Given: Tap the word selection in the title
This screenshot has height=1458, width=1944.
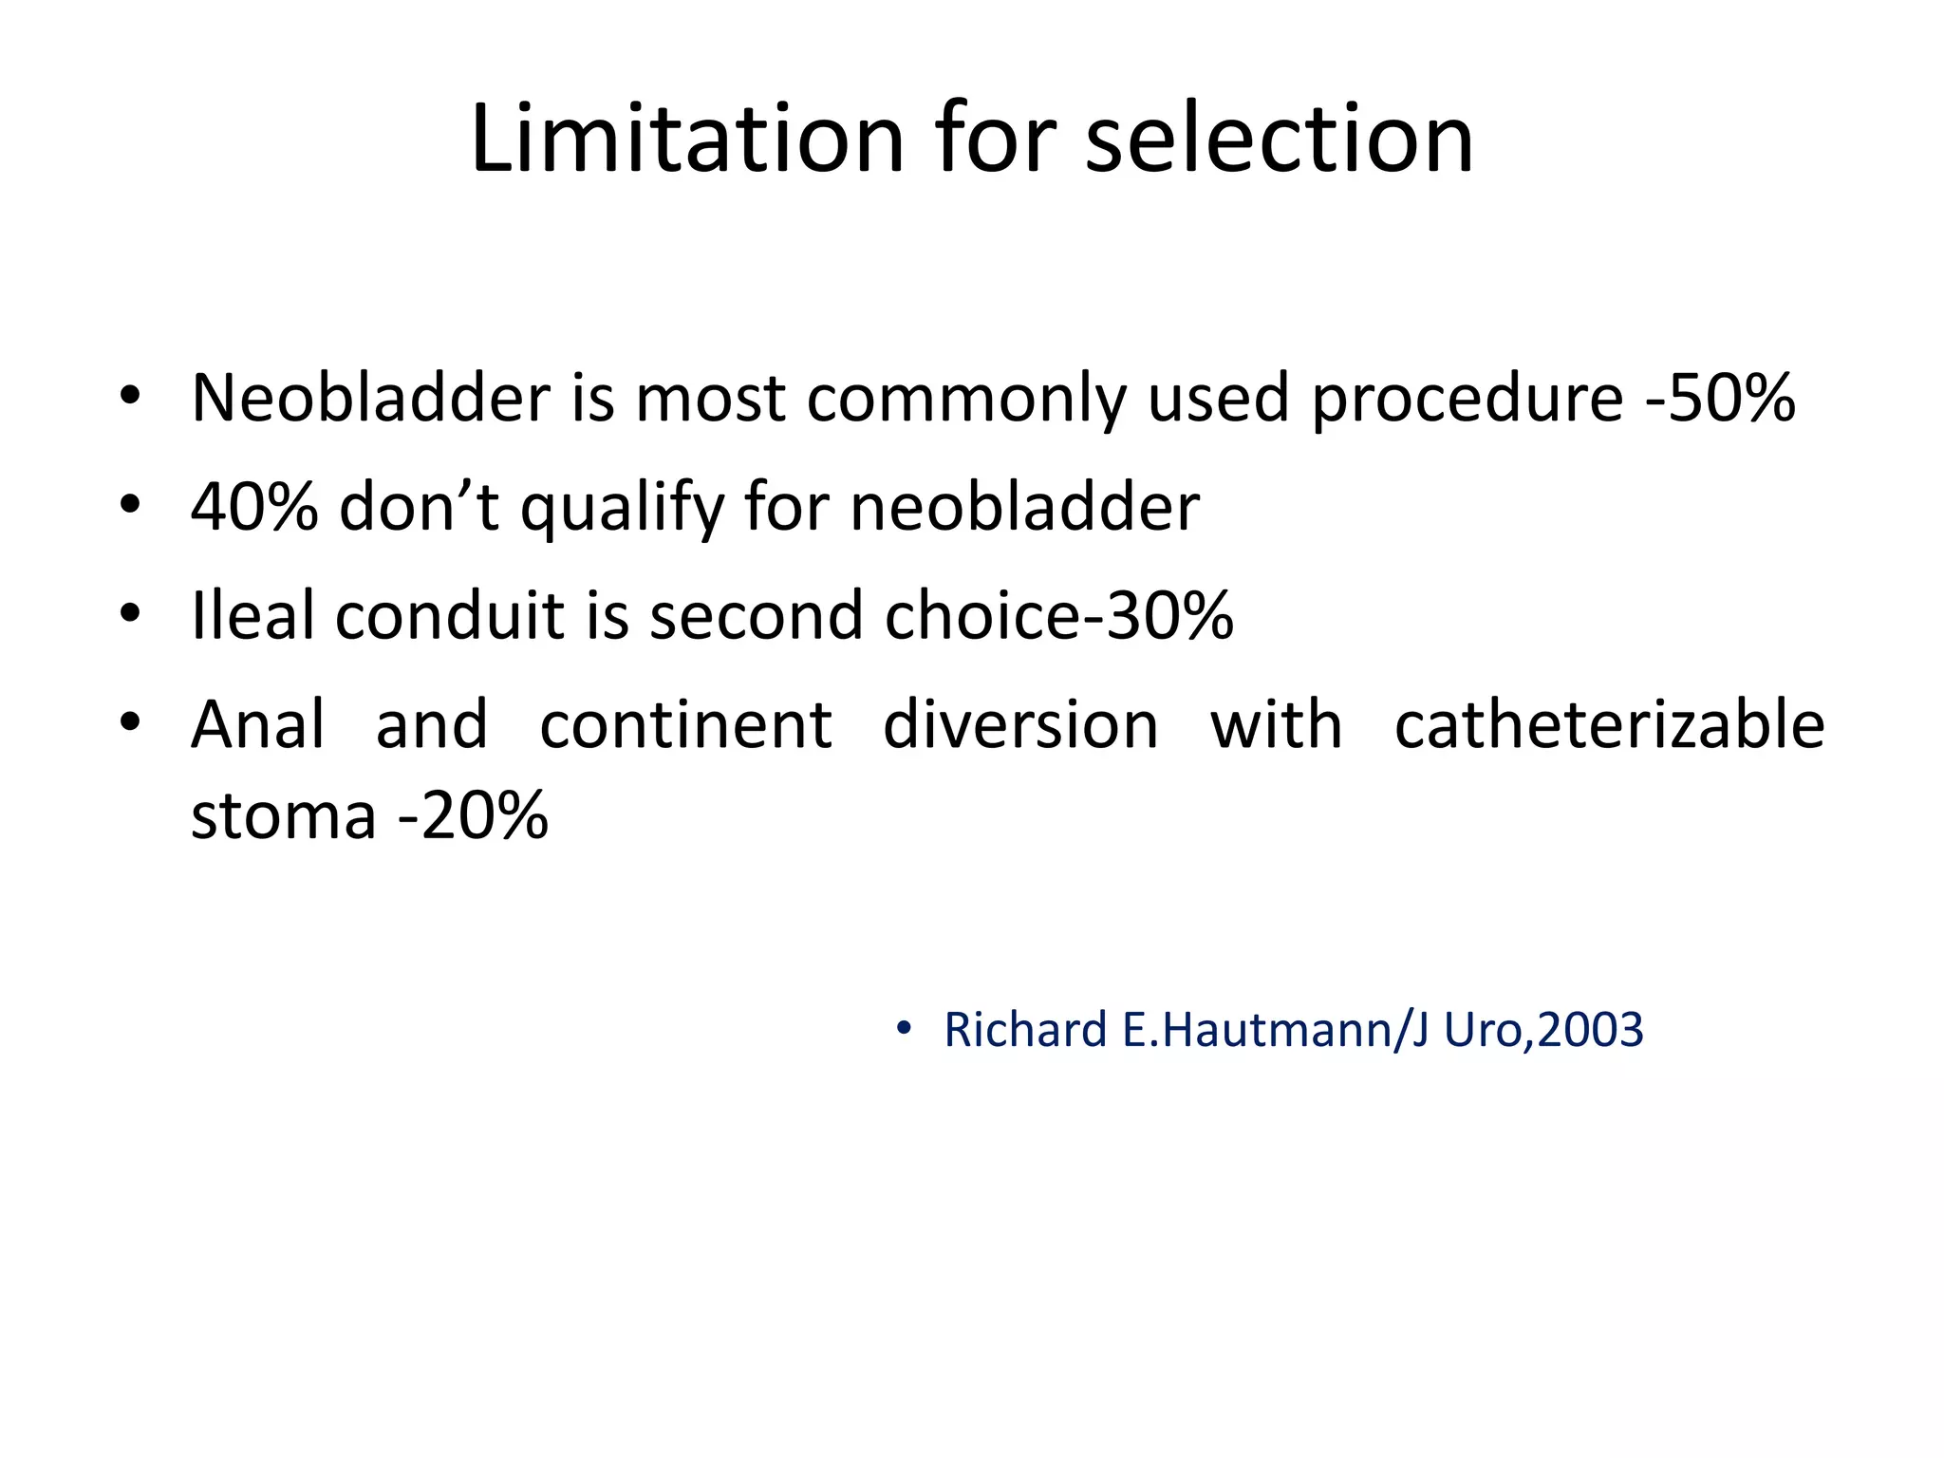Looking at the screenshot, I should pyautogui.click(x=1279, y=140).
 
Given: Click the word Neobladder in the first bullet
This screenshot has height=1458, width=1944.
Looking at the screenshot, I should pyautogui.click(x=370, y=398).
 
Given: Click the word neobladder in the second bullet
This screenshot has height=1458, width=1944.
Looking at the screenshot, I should pyautogui.click(x=1025, y=507).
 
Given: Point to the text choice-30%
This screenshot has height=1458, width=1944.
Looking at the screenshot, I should pyautogui.click(x=1058, y=616).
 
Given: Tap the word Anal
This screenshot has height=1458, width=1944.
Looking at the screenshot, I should pyautogui.click(x=258, y=725).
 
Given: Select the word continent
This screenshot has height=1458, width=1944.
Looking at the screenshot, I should pyautogui.click(x=685, y=725).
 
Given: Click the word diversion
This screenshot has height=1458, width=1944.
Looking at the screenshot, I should pyautogui.click(x=1020, y=725).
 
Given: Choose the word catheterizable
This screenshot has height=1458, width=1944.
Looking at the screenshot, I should pyautogui.click(x=1609, y=725).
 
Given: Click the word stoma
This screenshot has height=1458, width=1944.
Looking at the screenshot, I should pyautogui.click(x=283, y=816).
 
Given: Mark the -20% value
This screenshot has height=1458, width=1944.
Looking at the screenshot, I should pyautogui.click(x=473, y=816).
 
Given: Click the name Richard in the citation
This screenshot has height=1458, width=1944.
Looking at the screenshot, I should pyautogui.click(x=1025, y=1031).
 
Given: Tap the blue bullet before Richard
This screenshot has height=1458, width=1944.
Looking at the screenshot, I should pyautogui.click(x=903, y=1029).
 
